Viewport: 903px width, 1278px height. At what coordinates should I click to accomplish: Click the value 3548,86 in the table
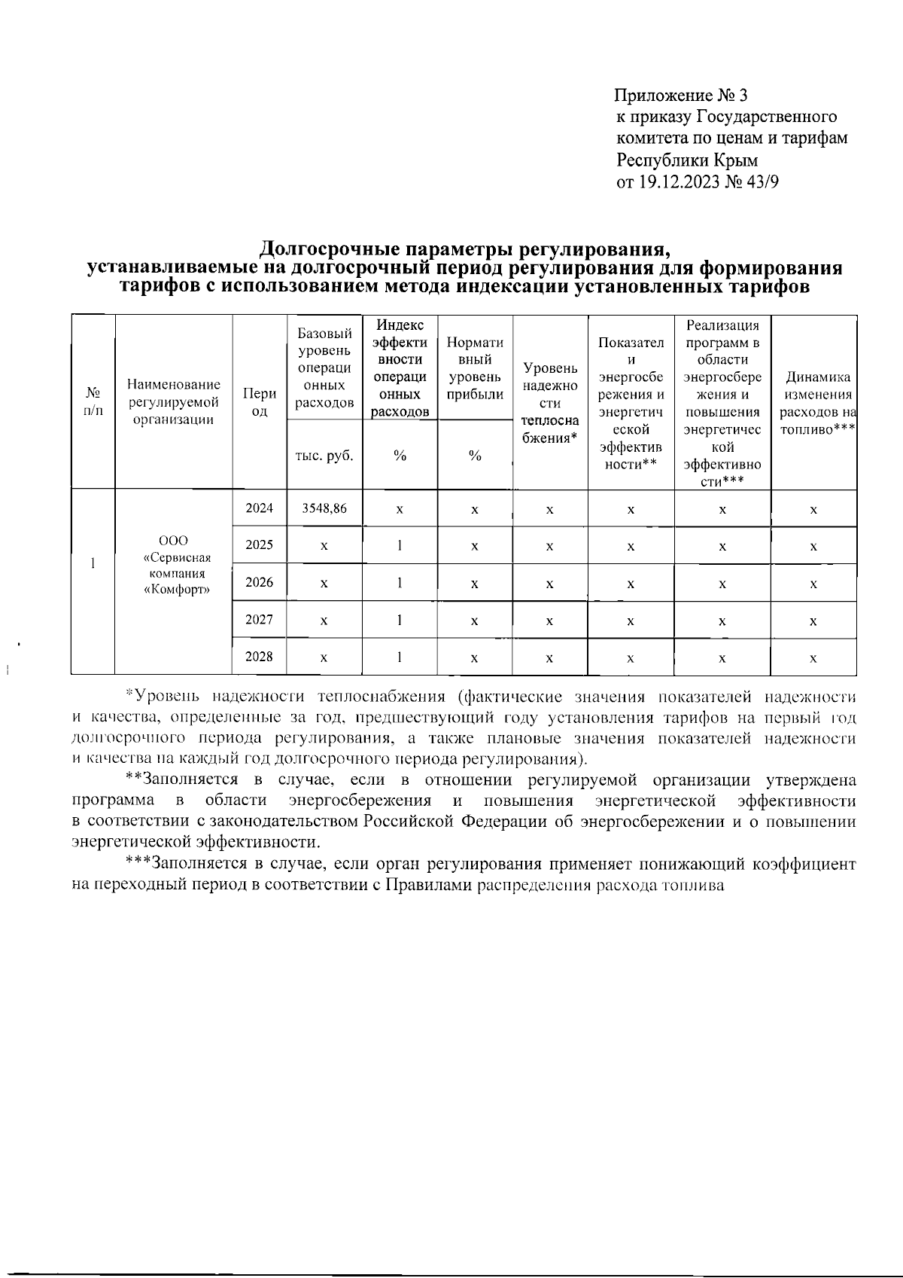click(324, 508)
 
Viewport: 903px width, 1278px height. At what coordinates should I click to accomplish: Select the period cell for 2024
click(260, 508)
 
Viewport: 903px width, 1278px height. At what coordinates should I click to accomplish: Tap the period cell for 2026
click(260, 582)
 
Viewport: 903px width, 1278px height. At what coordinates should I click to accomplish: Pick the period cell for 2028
click(260, 657)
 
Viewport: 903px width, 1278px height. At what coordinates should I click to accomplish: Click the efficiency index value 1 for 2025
click(400, 545)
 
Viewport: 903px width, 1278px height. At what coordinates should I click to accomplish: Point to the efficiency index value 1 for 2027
click(400, 620)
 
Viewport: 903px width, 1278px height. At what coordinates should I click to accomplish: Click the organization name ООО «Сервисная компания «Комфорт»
click(174, 564)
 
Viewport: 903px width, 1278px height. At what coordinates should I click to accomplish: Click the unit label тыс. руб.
click(324, 456)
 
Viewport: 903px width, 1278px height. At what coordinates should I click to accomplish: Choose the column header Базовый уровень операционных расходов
click(324, 368)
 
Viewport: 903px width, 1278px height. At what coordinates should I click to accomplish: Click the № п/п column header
click(93, 403)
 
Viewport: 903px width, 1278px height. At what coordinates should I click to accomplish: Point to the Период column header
click(260, 403)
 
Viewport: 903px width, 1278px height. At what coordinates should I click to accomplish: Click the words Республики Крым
click(687, 160)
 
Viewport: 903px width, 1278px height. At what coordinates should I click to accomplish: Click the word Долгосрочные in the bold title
click(331, 248)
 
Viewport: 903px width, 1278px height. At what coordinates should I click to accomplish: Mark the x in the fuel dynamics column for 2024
click(813, 510)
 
